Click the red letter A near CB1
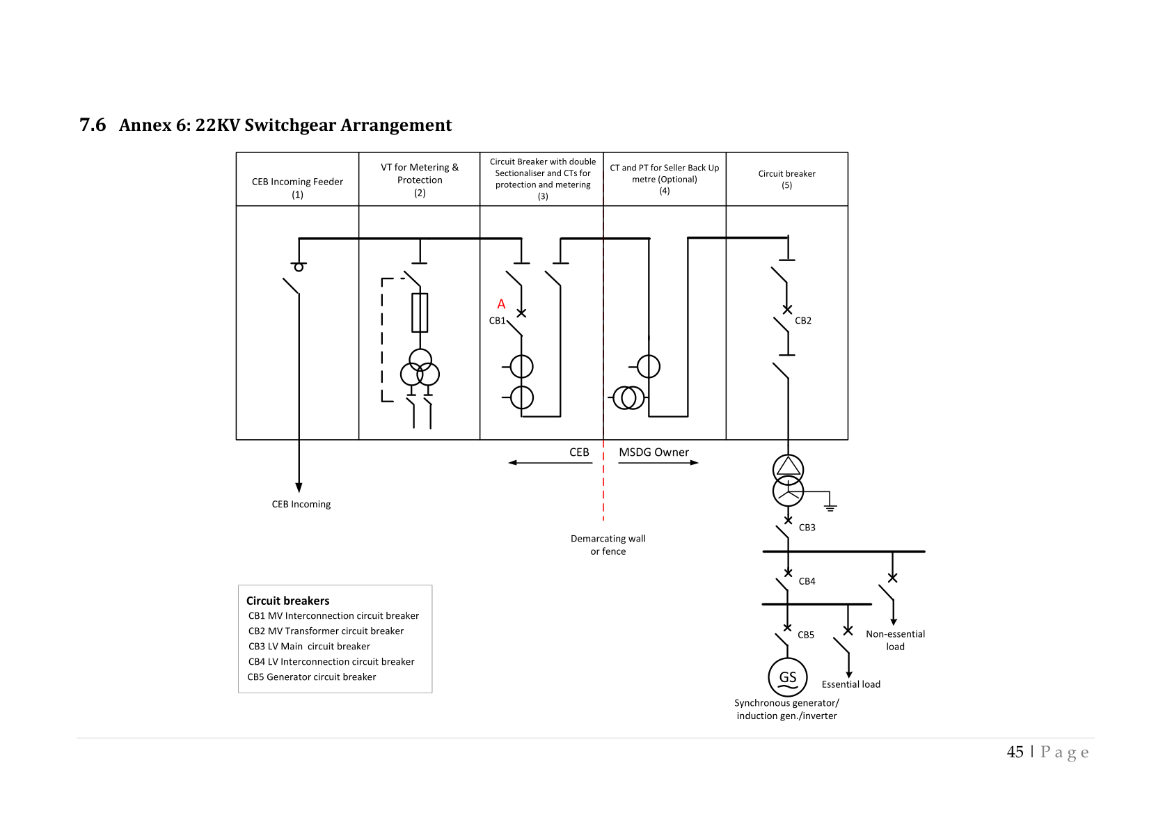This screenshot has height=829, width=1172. point(501,304)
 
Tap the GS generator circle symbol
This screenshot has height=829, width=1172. point(787,677)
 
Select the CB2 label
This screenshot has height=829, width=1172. point(802,321)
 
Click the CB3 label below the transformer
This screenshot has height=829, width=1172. point(807,528)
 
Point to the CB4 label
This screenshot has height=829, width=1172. point(807,581)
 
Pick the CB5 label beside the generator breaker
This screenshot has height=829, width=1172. point(805,635)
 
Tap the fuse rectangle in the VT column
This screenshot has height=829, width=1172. point(420,313)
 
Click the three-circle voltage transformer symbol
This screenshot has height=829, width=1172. point(420,370)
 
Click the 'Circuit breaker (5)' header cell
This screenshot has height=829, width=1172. point(786,179)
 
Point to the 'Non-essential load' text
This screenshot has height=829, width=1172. point(895,640)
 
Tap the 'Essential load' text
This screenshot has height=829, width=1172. point(850,684)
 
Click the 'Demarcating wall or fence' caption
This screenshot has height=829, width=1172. point(608,544)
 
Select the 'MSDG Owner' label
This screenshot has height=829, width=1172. point(654,452)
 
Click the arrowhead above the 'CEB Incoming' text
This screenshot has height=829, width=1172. point(299,487)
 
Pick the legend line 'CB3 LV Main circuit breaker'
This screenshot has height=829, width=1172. point(309,646)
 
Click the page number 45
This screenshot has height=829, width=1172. point(1015,752)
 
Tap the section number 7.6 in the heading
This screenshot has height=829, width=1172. point(93,125)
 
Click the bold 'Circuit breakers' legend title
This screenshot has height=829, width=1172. point(287,601)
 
